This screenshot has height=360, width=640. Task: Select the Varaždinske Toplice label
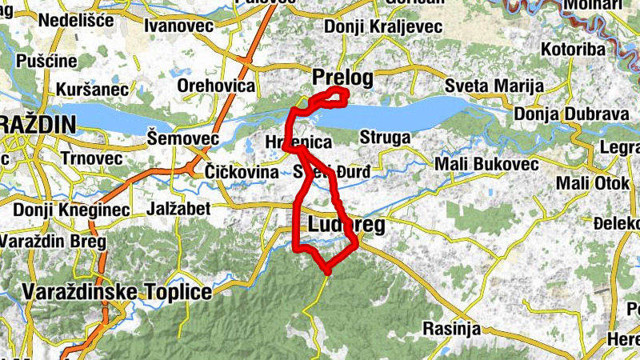(x=118, y=291)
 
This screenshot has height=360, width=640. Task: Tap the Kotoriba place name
(x=573, y=50)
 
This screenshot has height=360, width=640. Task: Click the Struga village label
(x=385, y=138)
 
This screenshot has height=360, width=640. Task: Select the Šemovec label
(x=183, y=139)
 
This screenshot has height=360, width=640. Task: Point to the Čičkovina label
(x=242, y=172)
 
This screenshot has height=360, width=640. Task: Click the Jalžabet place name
(x=179, y=209)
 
